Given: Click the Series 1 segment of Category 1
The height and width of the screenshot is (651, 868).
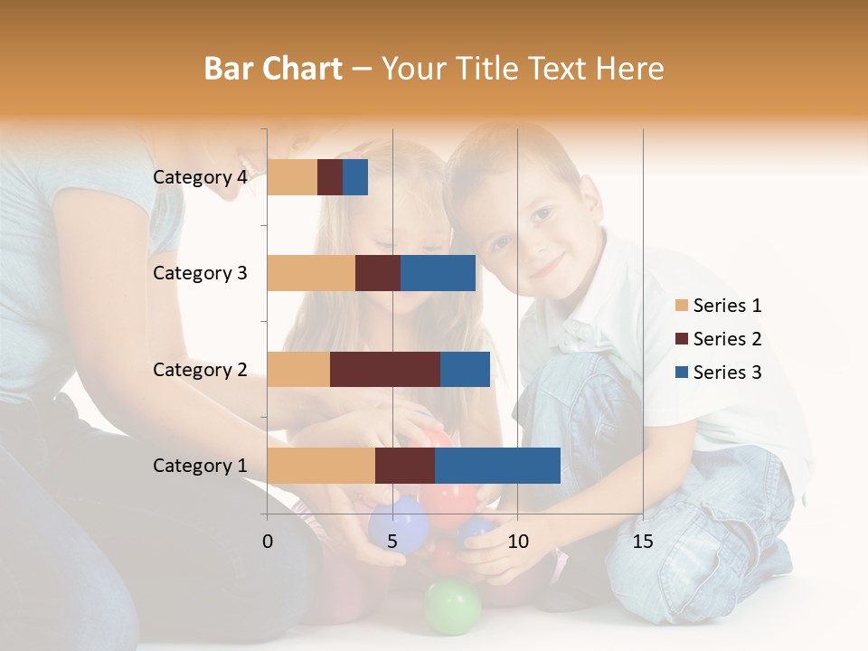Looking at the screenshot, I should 321,466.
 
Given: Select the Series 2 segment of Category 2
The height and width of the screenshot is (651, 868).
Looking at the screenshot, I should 385,369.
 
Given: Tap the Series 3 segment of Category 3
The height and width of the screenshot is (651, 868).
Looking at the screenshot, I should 438,273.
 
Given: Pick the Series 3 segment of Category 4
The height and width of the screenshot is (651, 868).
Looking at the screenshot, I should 355,177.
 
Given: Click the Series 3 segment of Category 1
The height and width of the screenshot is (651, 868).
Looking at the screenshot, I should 497,466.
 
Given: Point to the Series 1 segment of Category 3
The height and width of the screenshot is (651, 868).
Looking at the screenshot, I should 311,273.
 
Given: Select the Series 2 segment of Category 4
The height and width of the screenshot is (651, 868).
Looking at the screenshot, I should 330,177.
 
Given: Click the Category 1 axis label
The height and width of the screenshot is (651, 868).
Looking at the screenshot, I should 200,466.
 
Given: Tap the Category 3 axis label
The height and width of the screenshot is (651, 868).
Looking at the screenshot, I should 200,273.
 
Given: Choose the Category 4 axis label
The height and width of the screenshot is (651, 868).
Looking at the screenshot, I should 200,177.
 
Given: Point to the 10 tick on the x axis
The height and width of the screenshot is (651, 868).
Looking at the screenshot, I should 517,542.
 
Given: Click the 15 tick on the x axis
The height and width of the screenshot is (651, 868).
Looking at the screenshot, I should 642,542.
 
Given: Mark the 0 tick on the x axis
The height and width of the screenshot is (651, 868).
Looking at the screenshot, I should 268,542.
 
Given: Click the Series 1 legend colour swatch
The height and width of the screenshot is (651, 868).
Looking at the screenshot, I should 682,306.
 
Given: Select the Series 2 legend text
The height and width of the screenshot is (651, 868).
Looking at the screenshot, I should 727,339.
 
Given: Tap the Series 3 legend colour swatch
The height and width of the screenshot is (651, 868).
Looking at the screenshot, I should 682,373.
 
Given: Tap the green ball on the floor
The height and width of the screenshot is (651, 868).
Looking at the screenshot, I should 452,606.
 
